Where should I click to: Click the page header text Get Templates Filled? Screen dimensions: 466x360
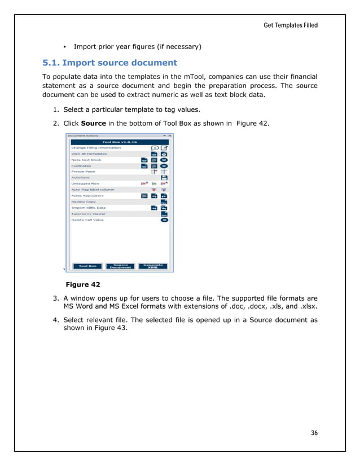[290, 25]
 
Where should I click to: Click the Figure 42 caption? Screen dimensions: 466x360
[83, 284]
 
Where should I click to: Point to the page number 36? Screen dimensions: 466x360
[314, 433]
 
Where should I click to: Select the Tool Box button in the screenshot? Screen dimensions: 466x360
[87, 266]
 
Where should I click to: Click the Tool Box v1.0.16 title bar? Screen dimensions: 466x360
[119, 142]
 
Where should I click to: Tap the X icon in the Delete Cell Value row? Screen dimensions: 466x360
[164, 220]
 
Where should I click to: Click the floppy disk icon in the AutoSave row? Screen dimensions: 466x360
[164, 178]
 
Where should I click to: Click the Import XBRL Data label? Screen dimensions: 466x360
[89, 208]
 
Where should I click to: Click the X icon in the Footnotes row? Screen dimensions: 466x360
[164, 166]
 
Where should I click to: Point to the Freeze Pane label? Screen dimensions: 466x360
[82, 172]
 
